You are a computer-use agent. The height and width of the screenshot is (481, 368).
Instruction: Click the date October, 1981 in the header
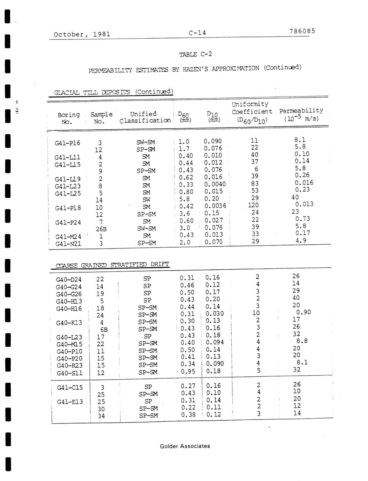[82, 34]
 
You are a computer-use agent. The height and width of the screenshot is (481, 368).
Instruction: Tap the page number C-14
[197, 33]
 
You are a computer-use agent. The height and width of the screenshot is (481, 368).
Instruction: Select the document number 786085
[302, 31]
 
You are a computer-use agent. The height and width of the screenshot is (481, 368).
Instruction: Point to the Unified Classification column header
[144, 117]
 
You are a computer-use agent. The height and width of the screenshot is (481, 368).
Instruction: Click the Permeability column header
[301, 114]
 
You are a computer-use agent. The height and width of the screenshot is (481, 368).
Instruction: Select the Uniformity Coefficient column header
[251, 112]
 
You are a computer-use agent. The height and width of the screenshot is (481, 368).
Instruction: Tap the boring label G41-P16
[67, 143]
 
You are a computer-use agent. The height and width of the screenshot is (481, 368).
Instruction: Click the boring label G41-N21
[68, 244]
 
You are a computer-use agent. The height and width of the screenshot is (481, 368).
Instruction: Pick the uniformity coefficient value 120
[253, 205]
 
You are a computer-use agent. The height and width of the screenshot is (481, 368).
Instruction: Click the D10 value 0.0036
[215, 206]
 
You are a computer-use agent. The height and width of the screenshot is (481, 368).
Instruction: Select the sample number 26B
[101, 229]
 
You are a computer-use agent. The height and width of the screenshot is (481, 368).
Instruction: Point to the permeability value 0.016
[304, 183]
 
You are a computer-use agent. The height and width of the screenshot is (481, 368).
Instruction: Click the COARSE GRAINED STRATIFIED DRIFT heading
[112, 265]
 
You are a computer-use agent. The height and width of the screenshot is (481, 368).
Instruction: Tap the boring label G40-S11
[69, 373]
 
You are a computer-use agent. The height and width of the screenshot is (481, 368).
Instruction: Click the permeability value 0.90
[303, 312]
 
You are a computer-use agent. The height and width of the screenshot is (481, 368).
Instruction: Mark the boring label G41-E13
[70, 402]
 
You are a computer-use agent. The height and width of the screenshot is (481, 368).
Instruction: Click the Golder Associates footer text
[185, 446]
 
